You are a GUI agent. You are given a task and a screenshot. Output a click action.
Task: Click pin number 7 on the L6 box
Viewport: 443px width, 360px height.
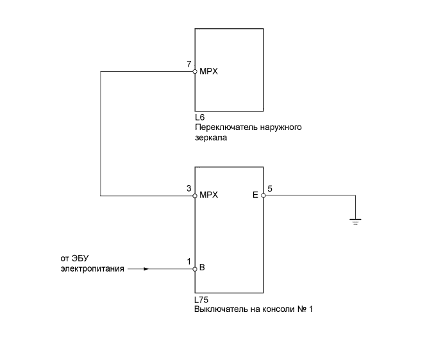point(188,64)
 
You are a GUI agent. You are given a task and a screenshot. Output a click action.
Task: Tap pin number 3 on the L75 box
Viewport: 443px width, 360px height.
point(188,188)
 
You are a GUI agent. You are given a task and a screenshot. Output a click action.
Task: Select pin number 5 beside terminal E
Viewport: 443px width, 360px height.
point(270,188)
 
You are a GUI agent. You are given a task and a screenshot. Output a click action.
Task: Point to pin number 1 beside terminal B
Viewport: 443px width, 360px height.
point(188,261)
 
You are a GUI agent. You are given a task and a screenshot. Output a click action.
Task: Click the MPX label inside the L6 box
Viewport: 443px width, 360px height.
point(209,72)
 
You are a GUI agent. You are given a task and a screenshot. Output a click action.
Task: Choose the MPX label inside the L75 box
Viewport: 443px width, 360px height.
point(209,195)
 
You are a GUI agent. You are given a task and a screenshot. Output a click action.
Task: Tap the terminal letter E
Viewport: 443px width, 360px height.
point(255,195)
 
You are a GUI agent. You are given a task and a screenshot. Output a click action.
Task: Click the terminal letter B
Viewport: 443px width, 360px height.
point(203,268)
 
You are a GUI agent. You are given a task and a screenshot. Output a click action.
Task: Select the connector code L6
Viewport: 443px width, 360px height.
point(199,119)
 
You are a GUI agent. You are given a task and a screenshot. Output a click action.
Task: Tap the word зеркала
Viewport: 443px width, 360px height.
point(211,137)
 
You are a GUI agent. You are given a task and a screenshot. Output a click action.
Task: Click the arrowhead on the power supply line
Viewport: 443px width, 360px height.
point(146,269)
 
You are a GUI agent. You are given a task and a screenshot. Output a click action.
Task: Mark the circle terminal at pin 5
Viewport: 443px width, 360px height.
point(263,195)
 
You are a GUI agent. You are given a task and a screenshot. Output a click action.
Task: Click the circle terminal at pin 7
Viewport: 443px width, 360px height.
point(195,72)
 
